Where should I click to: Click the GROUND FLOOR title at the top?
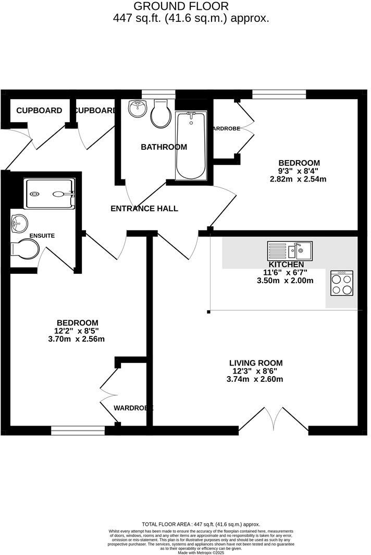pos(181,6)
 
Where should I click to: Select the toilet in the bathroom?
pos(160,114)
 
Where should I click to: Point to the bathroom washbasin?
pos(137,109)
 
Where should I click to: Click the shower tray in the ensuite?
pos(50,194)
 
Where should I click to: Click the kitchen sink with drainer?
pos(290,251)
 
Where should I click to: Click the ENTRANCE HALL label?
pos(144,209)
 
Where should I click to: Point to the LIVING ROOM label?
pos(256,363)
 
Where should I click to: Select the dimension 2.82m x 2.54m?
pos(298,179)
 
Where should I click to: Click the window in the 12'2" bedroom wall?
pos(78,430)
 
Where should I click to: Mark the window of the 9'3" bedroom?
pos(279,94)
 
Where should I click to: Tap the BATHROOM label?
pos(164,147)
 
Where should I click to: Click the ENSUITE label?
pos(42,236)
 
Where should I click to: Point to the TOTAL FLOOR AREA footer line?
pos(201,524)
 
